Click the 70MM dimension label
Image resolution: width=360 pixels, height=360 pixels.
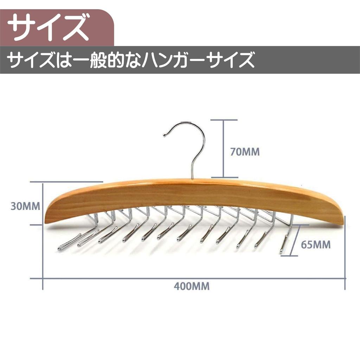(245, 152)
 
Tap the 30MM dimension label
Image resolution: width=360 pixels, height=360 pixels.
(25, 206)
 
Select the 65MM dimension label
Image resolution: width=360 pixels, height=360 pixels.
(316, 245)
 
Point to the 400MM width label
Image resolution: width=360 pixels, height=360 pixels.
(192, 287)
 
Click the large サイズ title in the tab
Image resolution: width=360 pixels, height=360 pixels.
(48, 27)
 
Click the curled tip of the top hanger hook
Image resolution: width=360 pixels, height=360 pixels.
(165, 135)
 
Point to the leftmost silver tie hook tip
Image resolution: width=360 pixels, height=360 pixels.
(60, 249)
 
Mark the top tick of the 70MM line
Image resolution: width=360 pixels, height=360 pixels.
(224, 120)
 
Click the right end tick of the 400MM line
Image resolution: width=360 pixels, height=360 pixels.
(345, 278)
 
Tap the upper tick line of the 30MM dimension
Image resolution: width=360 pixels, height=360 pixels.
(66, 182)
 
